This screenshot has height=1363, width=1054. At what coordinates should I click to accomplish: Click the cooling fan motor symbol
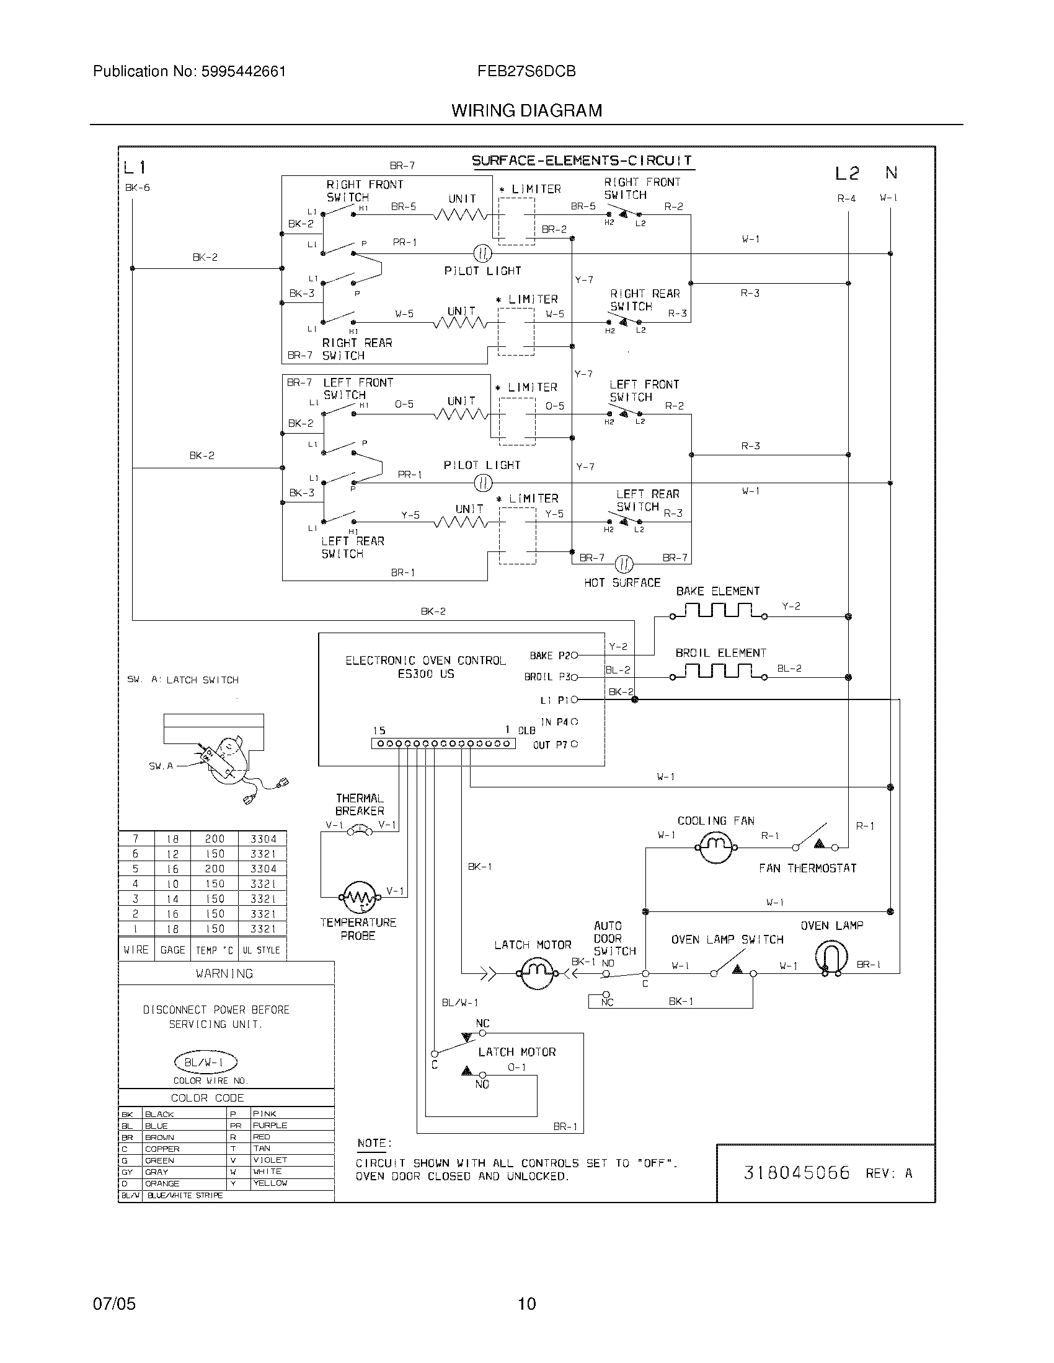pyautogui.click(x=715, y=847)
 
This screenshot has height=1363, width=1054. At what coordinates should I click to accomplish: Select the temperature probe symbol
pyautogui.click(x=358, y=898)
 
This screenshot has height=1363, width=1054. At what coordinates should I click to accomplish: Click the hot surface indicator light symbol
pyautogui.click(x=624, y=564)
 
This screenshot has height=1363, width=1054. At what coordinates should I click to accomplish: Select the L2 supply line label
pyautogui.click(x=847, y=173)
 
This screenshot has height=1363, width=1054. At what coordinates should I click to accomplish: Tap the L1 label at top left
pyautogui.click(x=135, y=167)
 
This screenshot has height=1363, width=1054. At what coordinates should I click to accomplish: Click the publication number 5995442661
pyautogui.click(x=244, y=72)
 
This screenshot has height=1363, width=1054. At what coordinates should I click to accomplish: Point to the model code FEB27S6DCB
pyautogui.click(x=526, y=72)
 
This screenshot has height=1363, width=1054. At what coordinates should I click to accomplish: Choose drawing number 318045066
pyautogui.click(x=796, y=1173)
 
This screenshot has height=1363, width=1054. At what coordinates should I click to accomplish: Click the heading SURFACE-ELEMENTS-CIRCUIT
pyautogui.click(x=582, y=161)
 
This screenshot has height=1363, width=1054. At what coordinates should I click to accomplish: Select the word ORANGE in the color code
pyautogui.click(x=162, y=1183)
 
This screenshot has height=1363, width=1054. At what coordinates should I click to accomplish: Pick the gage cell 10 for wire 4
pyautogui.click(x=172, y=883)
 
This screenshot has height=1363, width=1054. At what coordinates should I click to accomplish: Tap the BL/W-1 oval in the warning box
pyautogui.click(x=205, y=1062)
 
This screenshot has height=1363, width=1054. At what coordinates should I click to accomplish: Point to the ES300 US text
pyautogui.click(x=426, y=674)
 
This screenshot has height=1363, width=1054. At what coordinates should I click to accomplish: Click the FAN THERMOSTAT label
pyautogui.click(x=807, y=868)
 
